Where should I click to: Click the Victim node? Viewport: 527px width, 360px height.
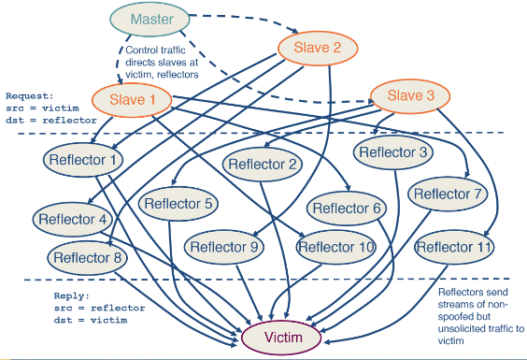point(285,337)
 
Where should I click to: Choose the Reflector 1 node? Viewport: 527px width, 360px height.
point(84,160)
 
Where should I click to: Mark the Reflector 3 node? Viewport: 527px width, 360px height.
point(396,151)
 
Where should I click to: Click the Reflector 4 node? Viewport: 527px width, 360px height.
point(74,220)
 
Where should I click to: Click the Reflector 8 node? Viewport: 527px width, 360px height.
point(87,257)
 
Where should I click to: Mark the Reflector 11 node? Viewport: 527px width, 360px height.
point(454,247)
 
